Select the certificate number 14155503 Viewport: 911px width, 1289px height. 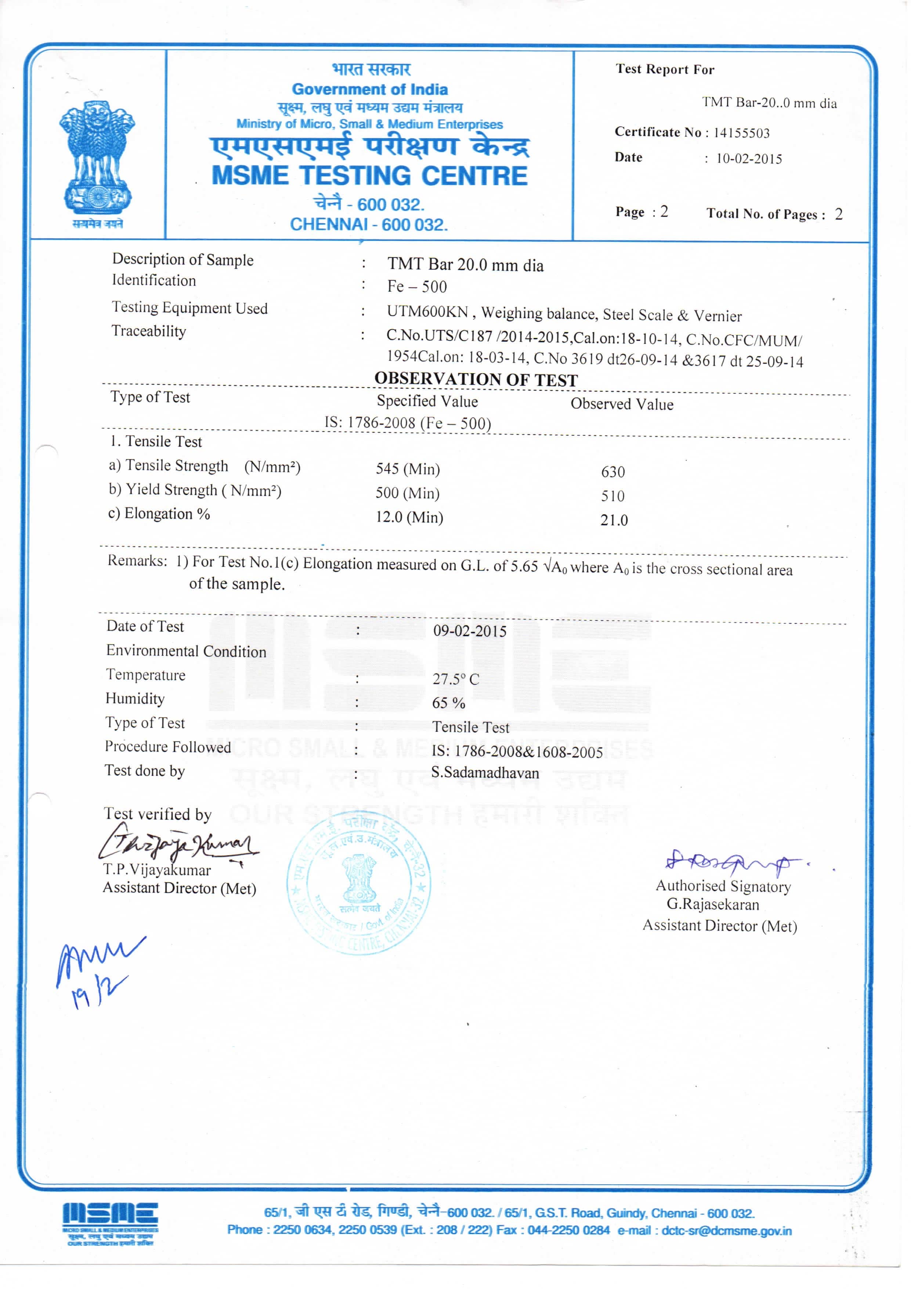coord(741,133)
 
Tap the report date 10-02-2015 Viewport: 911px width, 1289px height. coord(749,159)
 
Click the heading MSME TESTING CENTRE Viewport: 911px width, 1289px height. coord(369,176)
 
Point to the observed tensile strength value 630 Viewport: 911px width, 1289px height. coord(612,472)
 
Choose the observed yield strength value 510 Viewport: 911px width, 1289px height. coord(612,496)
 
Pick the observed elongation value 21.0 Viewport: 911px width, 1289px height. coord(614,520)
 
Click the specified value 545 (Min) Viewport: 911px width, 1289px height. coord(408,469)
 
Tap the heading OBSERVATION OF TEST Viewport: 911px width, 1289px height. coord(476,379)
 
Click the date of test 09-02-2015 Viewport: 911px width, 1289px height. coord(469,631)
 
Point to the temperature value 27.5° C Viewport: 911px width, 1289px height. coord(455,679)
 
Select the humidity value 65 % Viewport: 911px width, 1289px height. coord(448,703)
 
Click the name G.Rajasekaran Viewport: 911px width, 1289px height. coord(712,904)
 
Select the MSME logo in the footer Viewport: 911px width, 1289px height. coord(110,1224)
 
